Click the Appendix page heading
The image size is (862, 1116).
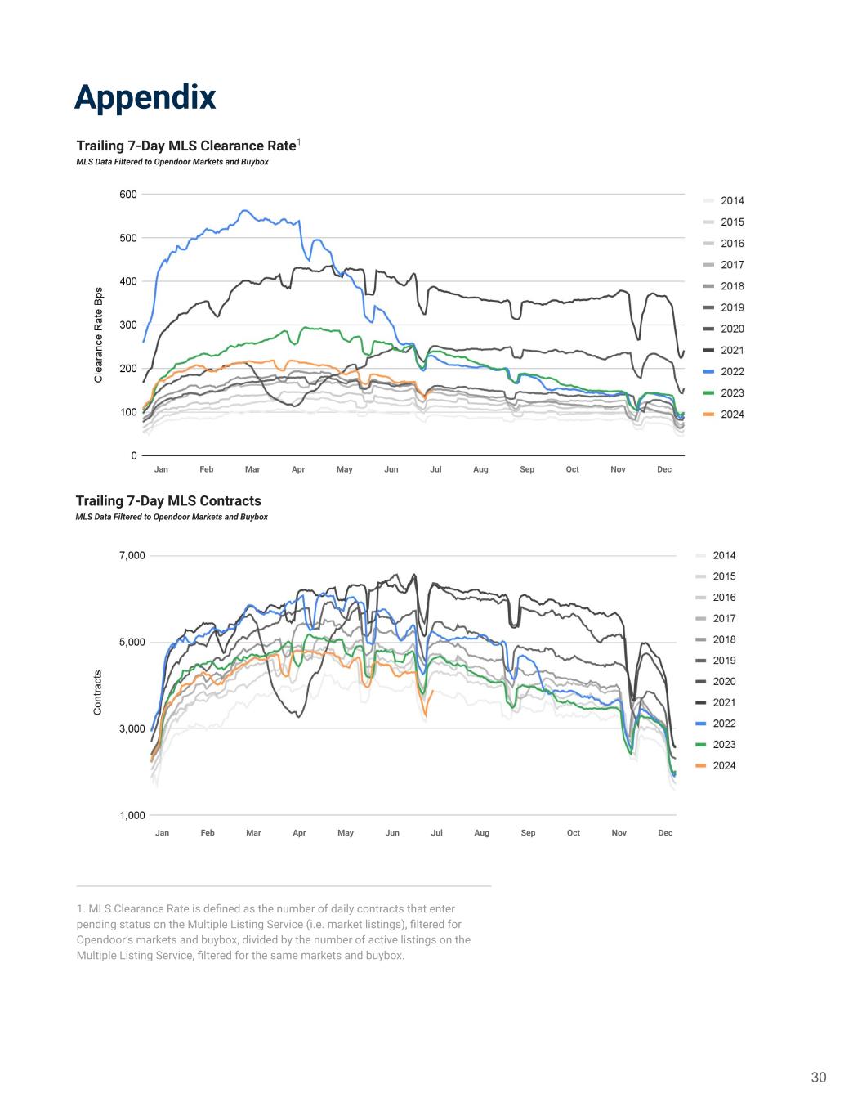point(145,96)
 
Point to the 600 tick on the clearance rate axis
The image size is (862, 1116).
point(127,195)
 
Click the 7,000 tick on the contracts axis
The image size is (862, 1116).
point(132,556)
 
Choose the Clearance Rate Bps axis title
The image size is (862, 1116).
point(99,334)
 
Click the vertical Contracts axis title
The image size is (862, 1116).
point(98,692)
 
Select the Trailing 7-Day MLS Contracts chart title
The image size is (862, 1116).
point(168,501)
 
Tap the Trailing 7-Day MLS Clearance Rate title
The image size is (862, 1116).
point(185,146)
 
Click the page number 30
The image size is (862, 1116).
point(818,1078)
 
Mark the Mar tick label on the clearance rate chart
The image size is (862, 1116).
point(252,469)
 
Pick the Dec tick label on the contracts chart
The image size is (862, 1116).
point(665,833)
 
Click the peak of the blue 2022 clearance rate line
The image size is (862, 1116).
point(244,211)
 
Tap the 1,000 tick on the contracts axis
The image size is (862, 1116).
point(132,816)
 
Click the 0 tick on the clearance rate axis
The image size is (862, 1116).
point(134,455)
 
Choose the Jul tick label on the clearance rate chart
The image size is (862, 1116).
point(435,469)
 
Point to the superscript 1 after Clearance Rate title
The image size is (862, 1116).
point(299,143)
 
